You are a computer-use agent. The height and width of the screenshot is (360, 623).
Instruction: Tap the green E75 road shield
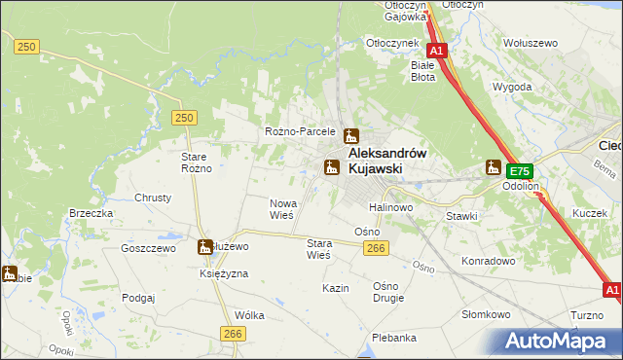[519, 169]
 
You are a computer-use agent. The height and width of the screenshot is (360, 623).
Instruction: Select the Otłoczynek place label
[391, 43]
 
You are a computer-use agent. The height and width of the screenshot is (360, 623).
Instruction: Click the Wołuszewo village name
[530, 43]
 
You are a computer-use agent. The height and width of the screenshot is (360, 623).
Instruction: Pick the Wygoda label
[512, 87]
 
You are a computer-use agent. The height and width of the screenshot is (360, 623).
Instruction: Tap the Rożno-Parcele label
[300, 131]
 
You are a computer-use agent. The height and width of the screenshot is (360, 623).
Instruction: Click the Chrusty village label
[153, 198]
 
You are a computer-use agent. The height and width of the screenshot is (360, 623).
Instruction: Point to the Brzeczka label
[92, 213]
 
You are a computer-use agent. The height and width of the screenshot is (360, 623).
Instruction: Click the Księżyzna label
[224, 274]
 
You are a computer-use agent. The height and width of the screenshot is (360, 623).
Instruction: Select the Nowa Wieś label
[281, 208]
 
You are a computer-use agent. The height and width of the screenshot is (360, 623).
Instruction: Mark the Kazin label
[336, 289]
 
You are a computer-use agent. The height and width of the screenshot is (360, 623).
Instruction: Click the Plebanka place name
[394, 338]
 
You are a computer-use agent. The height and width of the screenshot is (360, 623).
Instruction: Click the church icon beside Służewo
[205, 248]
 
